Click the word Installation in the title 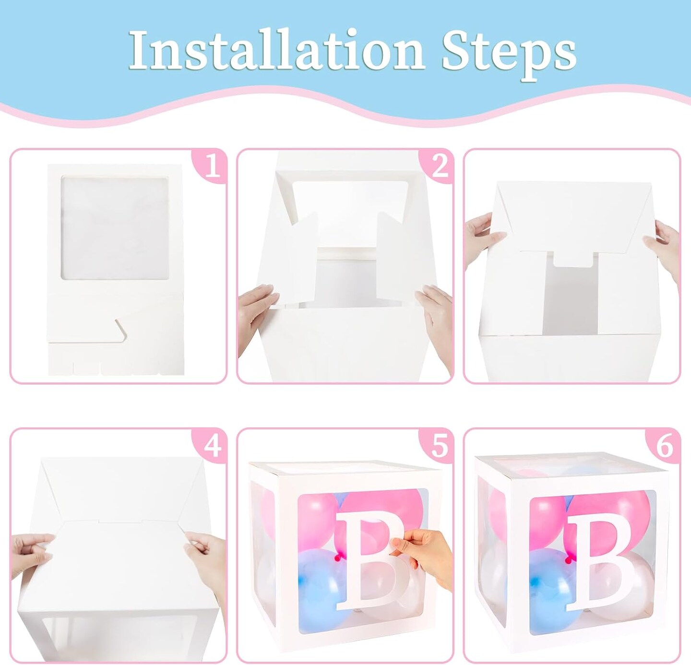pos(276,51)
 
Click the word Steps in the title pos(509,54)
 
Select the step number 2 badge pos(438,165)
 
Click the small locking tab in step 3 pos(572,265)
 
